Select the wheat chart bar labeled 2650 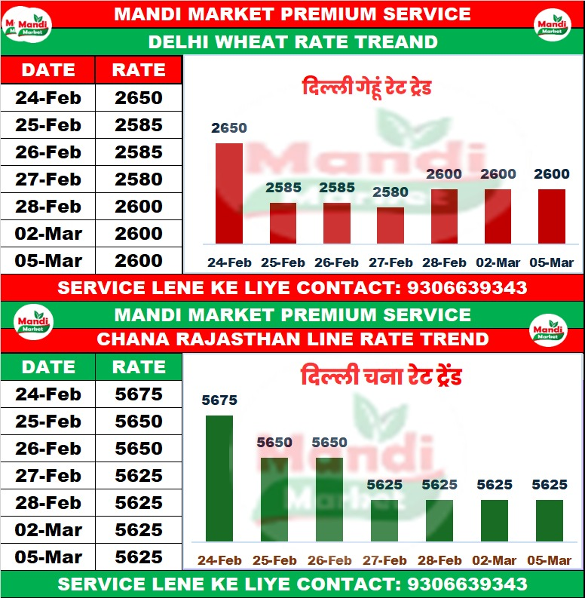(x=229, y=193)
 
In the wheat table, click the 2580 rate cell (x=139, y=179)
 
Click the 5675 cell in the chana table (x=139, y=394)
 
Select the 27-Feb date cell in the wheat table (x=47, y=179)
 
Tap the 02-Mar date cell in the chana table (x=47, y=530)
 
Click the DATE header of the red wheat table (x=47, y=70)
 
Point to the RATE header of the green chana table (x=139, y=367)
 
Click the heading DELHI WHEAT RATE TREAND (x=292, y=41)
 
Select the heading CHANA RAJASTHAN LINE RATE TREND (x=292, y=339)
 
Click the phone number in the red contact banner (x=467, y=287)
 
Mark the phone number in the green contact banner (x=467, y=584)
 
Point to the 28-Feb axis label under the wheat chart (x=443, y=263)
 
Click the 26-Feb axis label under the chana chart (x=329, y=560)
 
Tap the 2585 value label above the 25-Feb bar (x=283, y=189)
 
